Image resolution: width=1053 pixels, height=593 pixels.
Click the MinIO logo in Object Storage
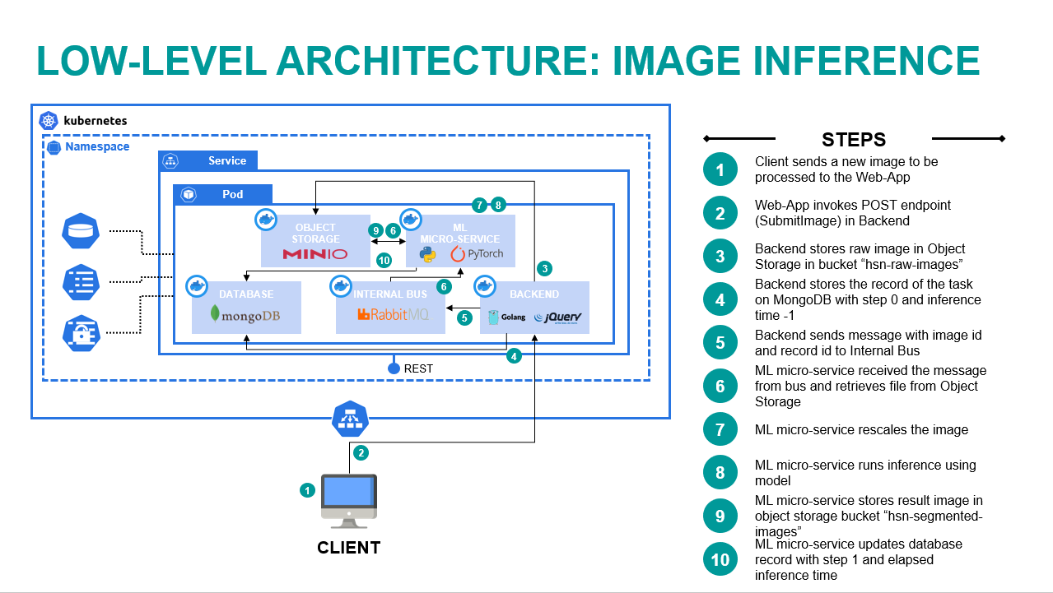tap(315, 253)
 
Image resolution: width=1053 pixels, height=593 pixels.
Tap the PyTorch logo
tap(477, 253)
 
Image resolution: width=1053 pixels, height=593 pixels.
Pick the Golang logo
tap(506, 317)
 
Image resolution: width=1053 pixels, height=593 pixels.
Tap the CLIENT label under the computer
tap(349, 548)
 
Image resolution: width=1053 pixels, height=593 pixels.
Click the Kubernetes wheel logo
tap(49, 121)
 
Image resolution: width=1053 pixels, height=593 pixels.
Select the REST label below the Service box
tap(418, 368)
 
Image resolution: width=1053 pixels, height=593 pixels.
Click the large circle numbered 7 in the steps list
tap(720, 429)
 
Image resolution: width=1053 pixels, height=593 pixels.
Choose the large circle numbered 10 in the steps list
tap(720, 559)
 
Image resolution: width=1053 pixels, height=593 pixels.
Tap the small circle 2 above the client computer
tap(360, 452)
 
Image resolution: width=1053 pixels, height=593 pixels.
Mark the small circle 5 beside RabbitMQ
tap(464, 317)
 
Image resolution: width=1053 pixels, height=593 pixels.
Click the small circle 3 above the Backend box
tap(543, 268)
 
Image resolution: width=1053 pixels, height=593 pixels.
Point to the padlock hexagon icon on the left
tap(81, 333)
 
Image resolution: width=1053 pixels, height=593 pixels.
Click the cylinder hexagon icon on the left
tap(81, 232)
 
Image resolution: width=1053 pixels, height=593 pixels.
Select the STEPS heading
tap(853, 139)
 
